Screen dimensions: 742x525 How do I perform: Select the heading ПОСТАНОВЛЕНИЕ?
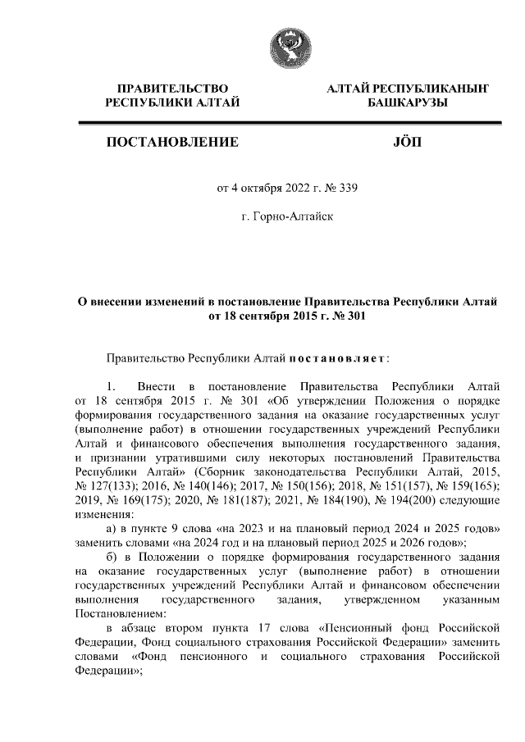tap(172, 143)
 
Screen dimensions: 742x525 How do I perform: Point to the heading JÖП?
tap(407, 143)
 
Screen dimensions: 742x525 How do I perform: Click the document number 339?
tap(349, 187)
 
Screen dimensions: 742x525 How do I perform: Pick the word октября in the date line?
tap(261, 187)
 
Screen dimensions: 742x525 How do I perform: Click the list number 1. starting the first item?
tap(115, 385)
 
